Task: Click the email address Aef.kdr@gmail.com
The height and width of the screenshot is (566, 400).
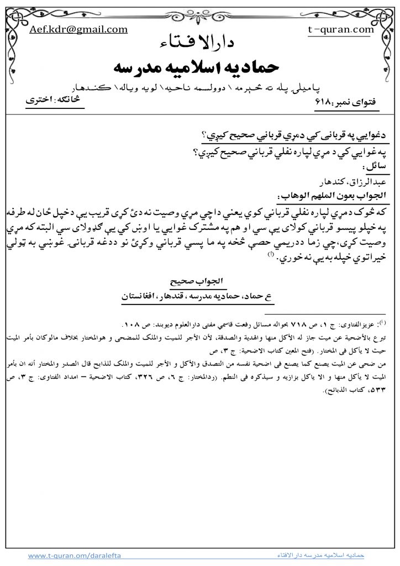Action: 78,30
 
